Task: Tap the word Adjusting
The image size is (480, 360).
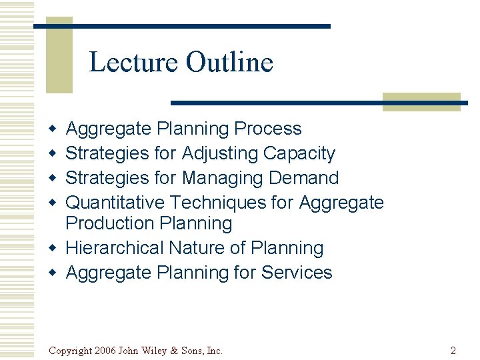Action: (x=220, y=153)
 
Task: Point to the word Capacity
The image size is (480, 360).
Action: (x=299, y=153)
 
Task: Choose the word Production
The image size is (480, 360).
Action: (x=111, y=223)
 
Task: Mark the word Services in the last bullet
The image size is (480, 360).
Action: (x=297, y=273)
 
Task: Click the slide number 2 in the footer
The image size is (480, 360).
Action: (x=453, y=350)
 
